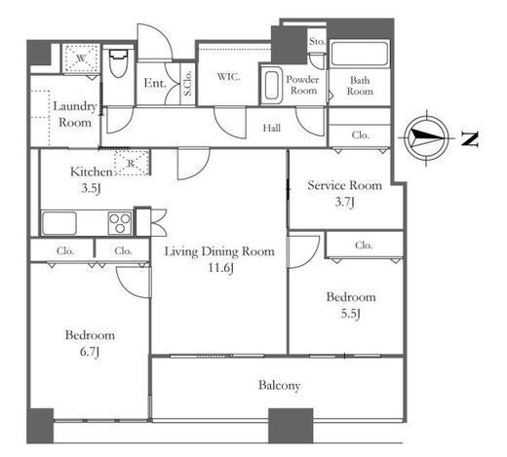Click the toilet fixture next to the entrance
click(118, 63)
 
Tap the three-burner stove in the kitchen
click(120, 223)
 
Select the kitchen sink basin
click(59, 223)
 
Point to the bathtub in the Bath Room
click(360, 54)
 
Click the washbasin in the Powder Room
click(272, 86)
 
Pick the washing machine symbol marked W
click(81, 58)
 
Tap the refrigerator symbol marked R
click(132, 163)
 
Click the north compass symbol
click(426, 138)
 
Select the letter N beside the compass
click(470, 139)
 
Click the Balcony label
click(279, 386)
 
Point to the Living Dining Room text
click(219, 251)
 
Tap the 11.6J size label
click(221, 268)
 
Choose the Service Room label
click(345, 185)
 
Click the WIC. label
click(229, 77)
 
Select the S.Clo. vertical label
click(187, 83)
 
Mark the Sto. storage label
click(317, 42)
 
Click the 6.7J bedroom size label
click(90, 352)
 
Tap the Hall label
click(272, 128)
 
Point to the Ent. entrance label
click(155, 83)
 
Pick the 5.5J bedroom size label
click(351, 314)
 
